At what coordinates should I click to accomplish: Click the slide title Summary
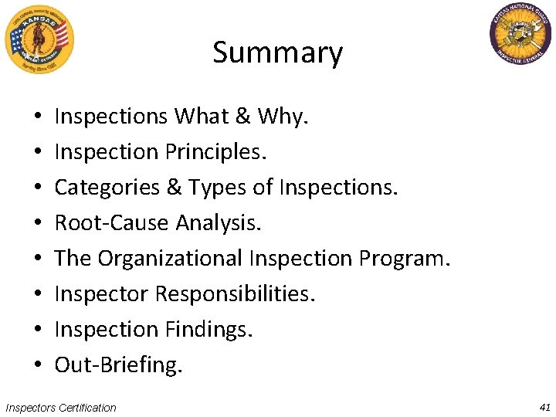[277, 53]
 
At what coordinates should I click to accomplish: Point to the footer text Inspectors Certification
[61, 408]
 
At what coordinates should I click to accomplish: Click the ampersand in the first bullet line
[242, 117]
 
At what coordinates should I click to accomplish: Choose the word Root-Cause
[112, 223]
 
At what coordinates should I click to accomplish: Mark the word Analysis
[219, 223]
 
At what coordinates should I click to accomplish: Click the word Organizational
[170, 259]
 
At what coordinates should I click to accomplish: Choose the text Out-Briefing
[118, 365]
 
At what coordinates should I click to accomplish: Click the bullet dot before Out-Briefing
[38, 365]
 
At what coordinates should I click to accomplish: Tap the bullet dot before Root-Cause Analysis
[38, 223]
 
